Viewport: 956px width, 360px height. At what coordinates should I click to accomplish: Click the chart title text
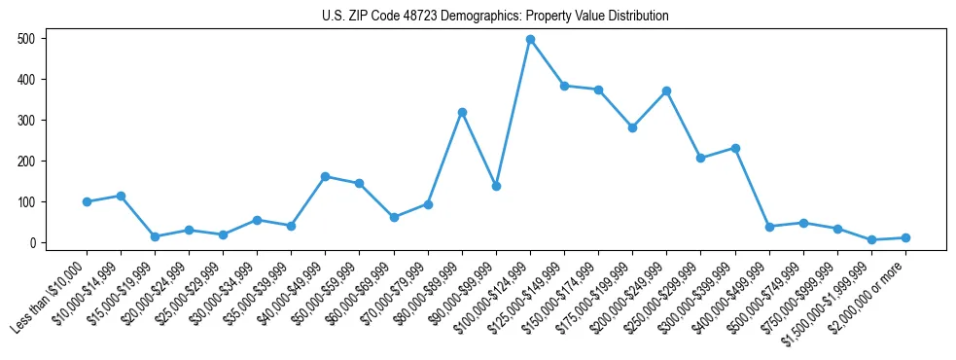coord(495,17)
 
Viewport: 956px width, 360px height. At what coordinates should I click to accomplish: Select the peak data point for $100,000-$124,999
coord(530,40)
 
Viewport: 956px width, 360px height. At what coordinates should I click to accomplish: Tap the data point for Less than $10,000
coord(87,201)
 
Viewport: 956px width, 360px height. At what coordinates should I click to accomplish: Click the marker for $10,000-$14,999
coord(121,196)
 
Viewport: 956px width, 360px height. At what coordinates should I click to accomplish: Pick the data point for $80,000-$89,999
coord(462,112)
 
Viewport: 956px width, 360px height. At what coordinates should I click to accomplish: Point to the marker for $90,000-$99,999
coord(496,186)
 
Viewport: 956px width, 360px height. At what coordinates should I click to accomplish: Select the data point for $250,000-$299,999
coord(700,158)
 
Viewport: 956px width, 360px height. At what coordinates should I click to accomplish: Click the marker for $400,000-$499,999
coord(769,227)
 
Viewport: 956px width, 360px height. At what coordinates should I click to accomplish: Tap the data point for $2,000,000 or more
coord(905,237)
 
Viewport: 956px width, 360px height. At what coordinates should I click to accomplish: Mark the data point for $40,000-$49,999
coord(325,176)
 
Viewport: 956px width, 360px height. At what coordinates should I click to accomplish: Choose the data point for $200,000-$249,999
coord(666,90)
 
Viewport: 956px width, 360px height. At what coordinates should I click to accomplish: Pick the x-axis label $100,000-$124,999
coord(493,295)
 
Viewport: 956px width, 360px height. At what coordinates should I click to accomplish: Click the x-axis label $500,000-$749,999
coord(766,295)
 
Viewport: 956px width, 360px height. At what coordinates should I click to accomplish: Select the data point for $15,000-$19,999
coord(155,236)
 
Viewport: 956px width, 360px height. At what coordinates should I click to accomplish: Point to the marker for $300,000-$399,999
coord(735,148)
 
